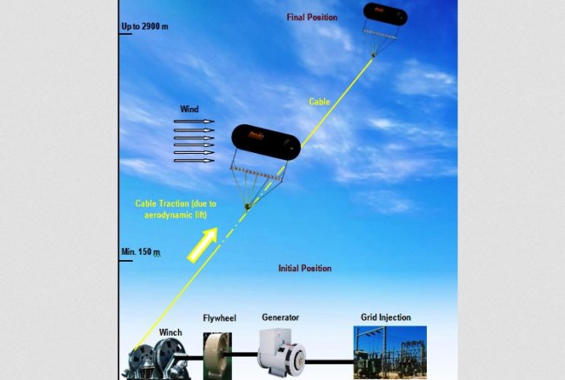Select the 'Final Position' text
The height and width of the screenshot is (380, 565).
(x=313, y=17)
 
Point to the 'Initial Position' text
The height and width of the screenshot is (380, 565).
(x=304, y=269)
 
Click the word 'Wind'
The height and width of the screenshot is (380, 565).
(x=189, y=110)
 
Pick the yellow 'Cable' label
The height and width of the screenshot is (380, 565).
(x=320, y=102)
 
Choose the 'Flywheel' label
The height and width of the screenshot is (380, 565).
(x=219, y=318)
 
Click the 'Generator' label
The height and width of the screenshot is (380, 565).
(x=281, y=318)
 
